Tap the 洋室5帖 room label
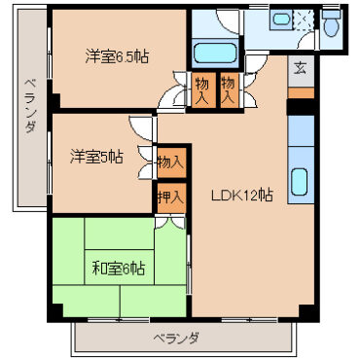click(95, 155)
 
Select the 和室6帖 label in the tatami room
click(118, 267)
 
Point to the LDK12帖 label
click(241, 194)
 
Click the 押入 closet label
click(168, 197)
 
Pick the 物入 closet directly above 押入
click(168, 162)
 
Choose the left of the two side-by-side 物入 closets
click(202, 90)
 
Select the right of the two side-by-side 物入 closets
click(229, 90)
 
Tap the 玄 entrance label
click(300, 68)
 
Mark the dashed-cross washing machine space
click(306, 19)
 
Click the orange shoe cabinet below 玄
click(300, 93)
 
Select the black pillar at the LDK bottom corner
click(306, 311)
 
